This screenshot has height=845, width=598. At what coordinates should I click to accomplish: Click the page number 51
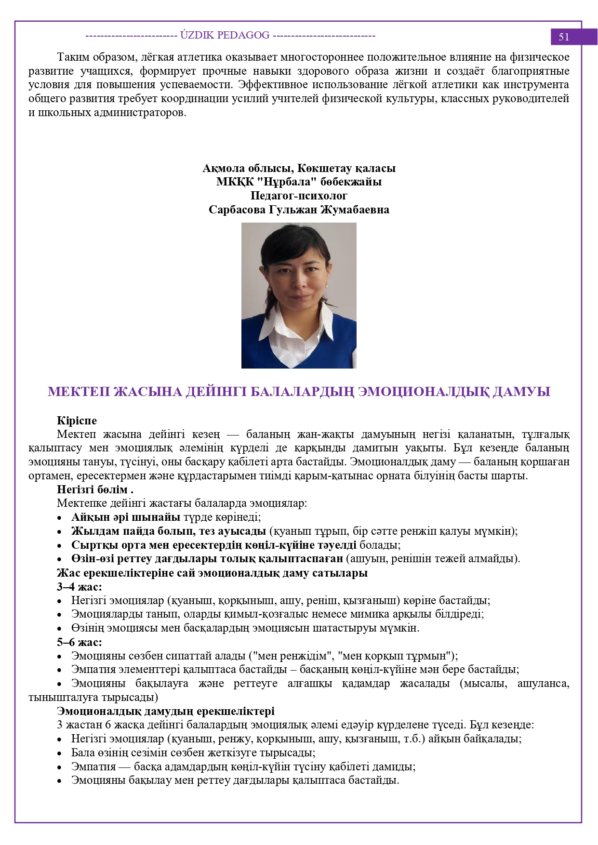(564, 37)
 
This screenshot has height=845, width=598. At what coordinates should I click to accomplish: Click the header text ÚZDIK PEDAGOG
(225, 35)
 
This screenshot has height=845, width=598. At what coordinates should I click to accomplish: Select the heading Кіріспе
(77, 421)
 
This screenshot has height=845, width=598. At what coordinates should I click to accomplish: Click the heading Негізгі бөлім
(94, 489)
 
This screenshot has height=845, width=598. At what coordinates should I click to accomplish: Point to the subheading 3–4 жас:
(80, 587)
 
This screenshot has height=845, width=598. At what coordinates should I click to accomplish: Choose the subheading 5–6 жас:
(80, 642)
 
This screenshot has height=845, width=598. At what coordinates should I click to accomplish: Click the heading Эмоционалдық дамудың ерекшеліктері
(166, 711)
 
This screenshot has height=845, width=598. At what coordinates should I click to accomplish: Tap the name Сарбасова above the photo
(237, 210)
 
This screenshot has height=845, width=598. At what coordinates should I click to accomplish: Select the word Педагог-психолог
(299, 196)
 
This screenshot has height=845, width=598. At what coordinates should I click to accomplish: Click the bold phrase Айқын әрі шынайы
(126, 517)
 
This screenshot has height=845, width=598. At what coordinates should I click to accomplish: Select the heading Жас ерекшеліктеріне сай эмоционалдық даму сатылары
(212, 573)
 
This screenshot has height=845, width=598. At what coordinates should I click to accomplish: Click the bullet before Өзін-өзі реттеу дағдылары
(60, 560)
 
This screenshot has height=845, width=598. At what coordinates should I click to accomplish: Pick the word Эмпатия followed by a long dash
(93, 766)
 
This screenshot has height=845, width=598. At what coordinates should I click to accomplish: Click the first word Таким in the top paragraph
(72, 57)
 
